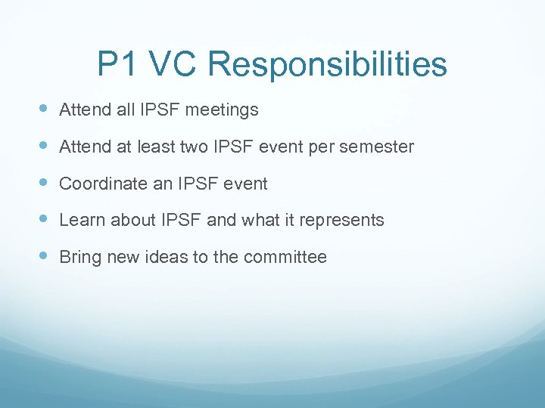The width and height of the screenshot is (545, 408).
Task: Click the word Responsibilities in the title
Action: coord(327,65)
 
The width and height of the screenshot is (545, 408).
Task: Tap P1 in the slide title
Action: coord(117,65)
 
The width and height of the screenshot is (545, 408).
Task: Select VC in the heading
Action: coord(173,65)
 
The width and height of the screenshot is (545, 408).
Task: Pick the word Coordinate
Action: coord(97,184)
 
